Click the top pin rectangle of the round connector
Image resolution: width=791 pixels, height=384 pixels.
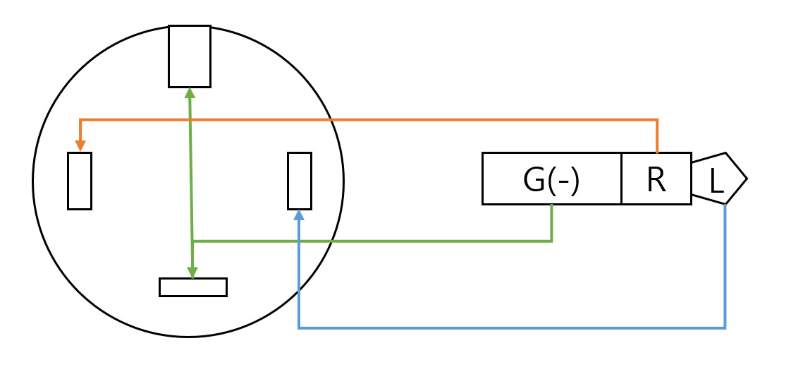[190, 56]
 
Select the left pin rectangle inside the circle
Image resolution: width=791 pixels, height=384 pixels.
[80, 181]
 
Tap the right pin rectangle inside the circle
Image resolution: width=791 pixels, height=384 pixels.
[300, 181]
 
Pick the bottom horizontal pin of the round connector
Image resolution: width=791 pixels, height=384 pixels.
[193, 287]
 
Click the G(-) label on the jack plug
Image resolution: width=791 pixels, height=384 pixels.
[551, 181]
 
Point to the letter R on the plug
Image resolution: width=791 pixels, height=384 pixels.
[656, 181]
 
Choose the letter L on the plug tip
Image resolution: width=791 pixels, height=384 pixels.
[716, 182]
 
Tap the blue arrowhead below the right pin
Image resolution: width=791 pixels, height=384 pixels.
[299, 215]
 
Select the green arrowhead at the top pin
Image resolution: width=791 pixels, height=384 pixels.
[189, 92]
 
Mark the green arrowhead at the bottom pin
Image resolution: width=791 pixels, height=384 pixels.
[192, 273]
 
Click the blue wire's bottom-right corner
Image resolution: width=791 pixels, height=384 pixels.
[725, 328]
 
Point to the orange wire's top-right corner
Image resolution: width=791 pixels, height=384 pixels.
[657, 120]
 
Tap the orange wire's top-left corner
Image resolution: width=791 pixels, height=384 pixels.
[80, 120]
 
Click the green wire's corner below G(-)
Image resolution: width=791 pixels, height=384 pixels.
[551, 241]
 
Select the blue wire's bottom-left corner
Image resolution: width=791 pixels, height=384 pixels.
[299, 328]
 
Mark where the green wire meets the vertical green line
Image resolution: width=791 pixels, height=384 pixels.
[192, 241]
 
